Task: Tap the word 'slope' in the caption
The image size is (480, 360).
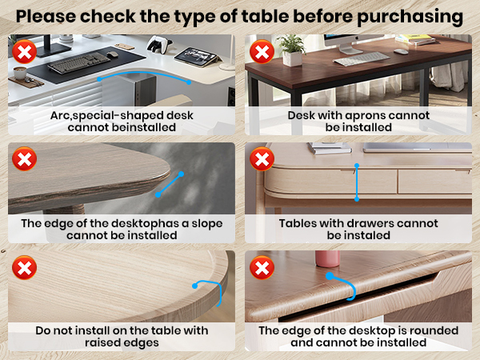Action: pos(205,223)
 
